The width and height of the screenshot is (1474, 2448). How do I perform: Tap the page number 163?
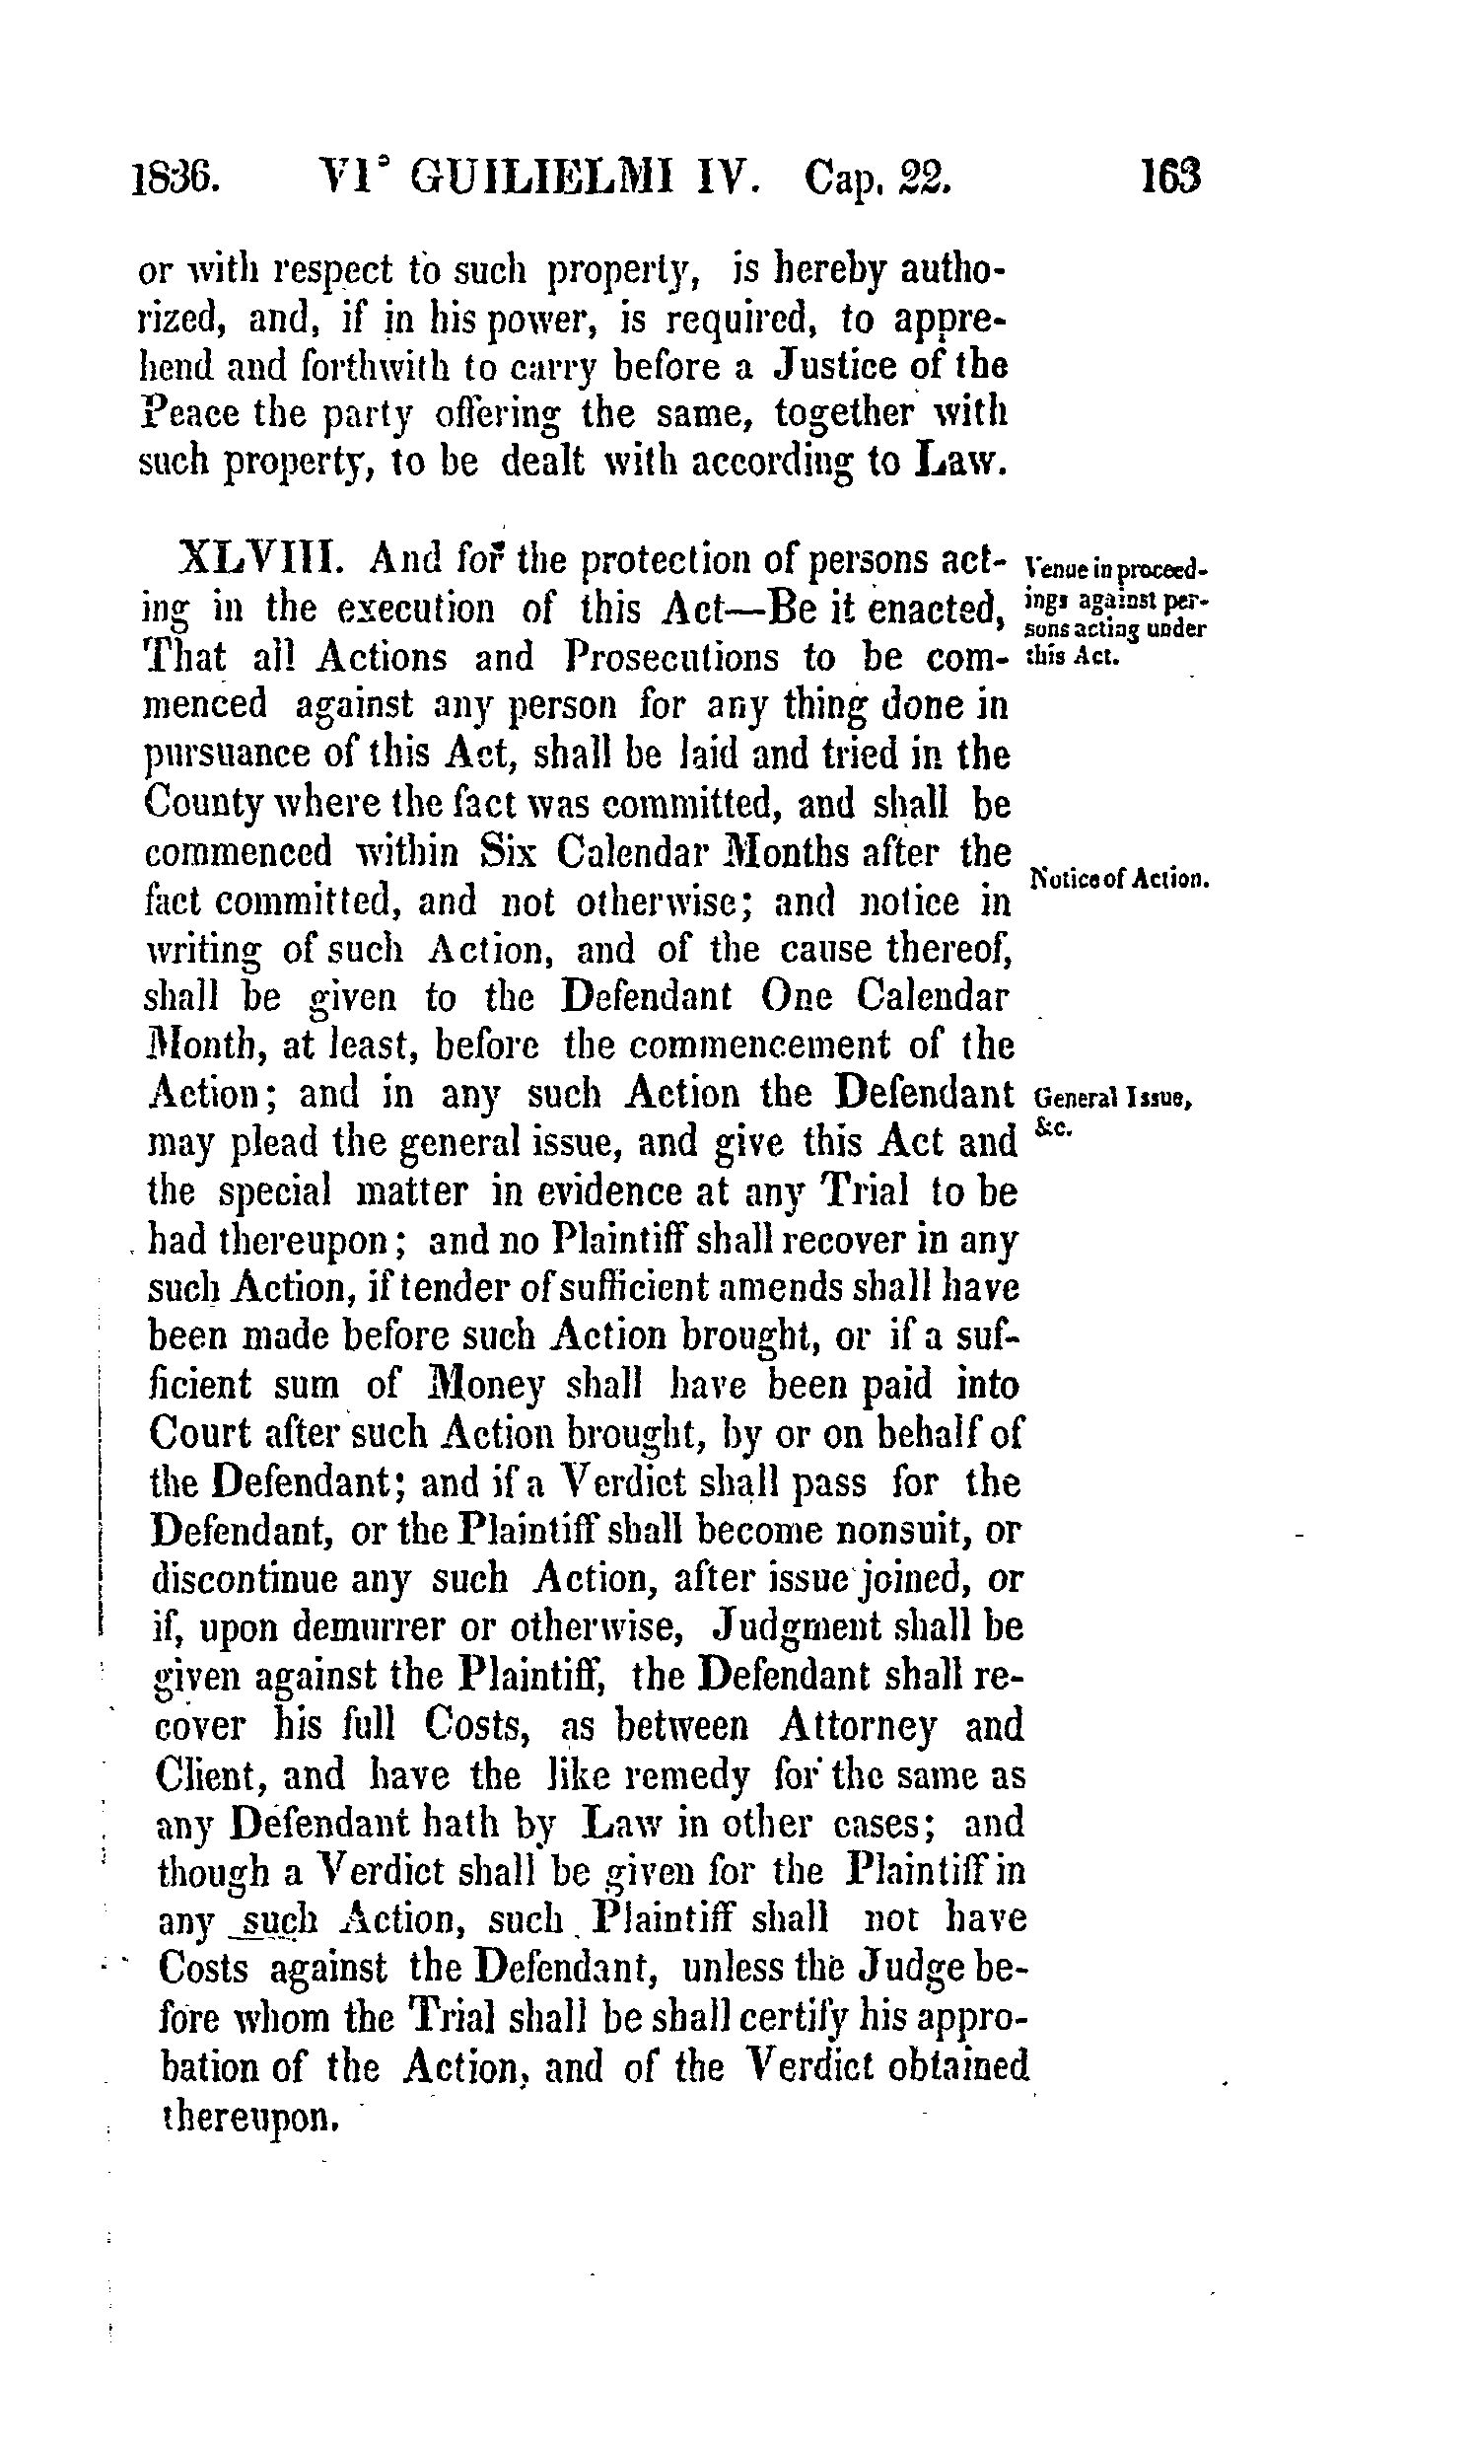pos(1171,178)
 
